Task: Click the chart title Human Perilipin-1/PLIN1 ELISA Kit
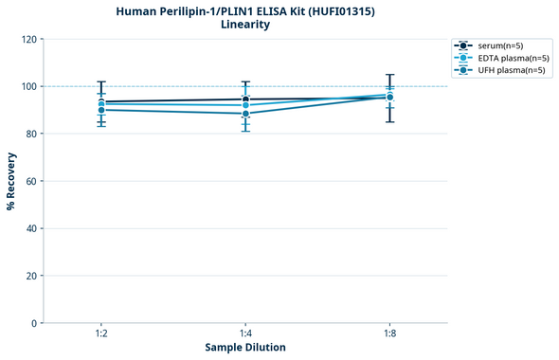tap(245, 10)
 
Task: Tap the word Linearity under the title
tap(245, 25)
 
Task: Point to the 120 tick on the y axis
tap(30, 39)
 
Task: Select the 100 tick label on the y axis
tap(30, 86)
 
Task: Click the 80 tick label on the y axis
tap(32, 134)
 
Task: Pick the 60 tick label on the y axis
tap(32, 181)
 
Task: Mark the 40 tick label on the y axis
tap(32, 228)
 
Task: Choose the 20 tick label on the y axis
tap(32, 276)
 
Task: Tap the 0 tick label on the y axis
tap(35, 323)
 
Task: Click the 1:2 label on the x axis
tap(101, 334)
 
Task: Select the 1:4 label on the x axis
tap(245, 334)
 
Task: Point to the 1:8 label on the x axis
tap(389, 334)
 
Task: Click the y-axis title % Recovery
tap(11, 181)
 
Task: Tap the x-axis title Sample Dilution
tap(245, 348)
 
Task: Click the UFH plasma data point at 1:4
tap(245, 114)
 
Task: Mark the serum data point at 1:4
tap(245, 99)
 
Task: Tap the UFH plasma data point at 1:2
tap(101, 110)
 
